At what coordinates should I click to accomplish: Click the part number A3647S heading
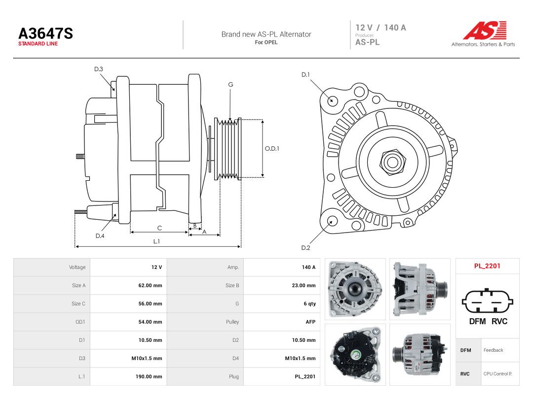coord(45,33)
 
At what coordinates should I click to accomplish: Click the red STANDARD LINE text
coord(38,44)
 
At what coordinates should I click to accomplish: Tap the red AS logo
coord(485,30)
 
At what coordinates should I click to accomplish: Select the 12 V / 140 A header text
coord(381,28)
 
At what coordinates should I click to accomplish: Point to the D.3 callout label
coord(99,69)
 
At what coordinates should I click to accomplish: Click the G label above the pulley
coord(230,85)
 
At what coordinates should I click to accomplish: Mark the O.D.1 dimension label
coord(272,149)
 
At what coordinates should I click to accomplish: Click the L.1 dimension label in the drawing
coord(156,241)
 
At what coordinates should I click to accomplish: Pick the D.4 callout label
coord(100,236)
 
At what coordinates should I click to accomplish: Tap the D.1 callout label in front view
coord(305,75)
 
